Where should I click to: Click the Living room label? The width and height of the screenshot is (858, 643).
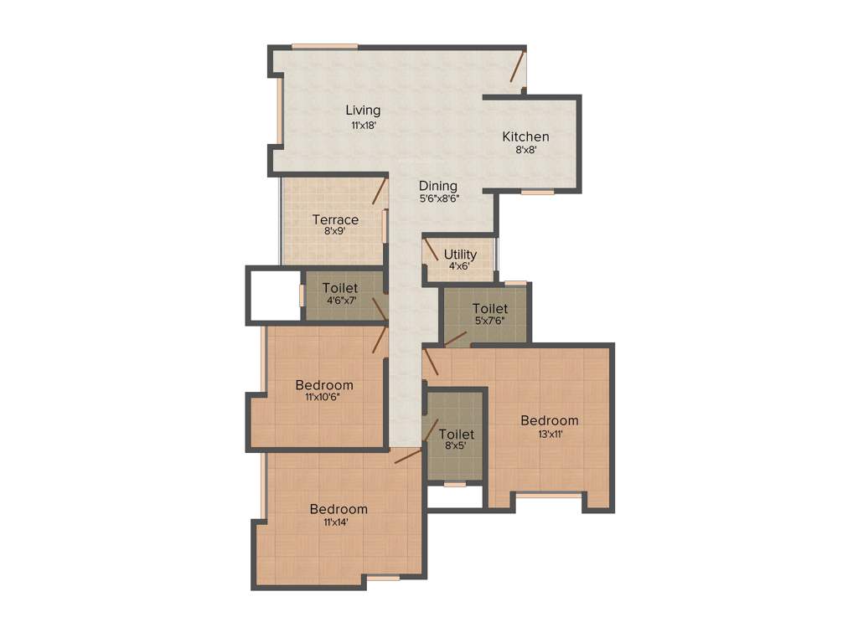pos(364,110)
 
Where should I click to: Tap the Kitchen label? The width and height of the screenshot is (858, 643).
pos(525,136)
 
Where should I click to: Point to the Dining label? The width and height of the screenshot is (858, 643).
pos(438,186)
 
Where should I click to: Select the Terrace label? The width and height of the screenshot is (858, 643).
pos(335,220)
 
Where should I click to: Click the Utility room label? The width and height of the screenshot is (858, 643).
pos(460,255)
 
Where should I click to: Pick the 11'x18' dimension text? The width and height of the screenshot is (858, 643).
pos(364,125)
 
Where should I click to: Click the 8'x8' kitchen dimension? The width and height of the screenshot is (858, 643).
pos(525,151)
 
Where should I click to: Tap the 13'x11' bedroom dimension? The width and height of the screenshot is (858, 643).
pos(550,435)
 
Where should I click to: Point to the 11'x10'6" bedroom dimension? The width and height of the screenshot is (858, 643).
pos(323,399)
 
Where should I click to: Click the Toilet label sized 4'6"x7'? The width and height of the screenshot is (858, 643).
pos(339,288)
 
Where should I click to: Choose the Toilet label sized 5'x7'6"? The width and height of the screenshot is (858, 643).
pos(489,308)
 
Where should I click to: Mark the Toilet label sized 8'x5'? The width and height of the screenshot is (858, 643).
pos(457,435)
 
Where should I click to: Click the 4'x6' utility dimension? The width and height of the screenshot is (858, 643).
pos(460,266)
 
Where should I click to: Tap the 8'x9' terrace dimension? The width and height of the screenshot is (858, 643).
pos(335,233)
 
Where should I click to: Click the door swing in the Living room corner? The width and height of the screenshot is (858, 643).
pos(518,67)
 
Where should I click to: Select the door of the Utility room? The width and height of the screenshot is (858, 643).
pos(430,249)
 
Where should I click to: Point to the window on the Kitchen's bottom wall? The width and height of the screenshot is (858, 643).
pos(537,193)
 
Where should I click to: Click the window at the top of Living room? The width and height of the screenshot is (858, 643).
pos(324,46)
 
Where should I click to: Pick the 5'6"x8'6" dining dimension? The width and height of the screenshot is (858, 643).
pos(438,199)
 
